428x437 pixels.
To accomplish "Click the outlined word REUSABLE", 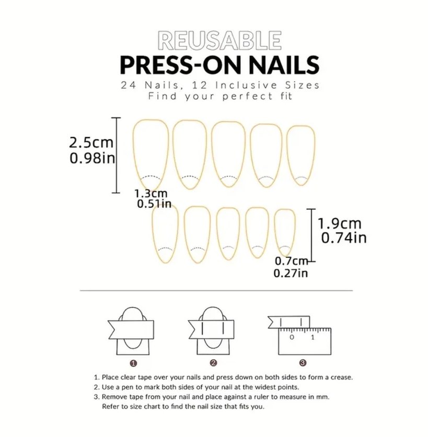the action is [x=219, y=41].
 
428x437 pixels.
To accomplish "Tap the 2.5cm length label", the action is [x=91, y=143].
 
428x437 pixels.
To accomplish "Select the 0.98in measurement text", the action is [x=92, y=158].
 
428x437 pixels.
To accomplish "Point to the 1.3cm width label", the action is [x=151, y=193].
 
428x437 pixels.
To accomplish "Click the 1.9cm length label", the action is [x=340, y=223].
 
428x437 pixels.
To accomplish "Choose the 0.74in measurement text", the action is [x=344, y=238].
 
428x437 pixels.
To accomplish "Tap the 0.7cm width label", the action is [x=291, y=261].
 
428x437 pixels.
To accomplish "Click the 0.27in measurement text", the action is [x=291, y=273].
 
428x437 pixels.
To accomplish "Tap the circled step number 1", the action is [x=134, y=363].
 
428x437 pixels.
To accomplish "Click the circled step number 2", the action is [x=213, y=363].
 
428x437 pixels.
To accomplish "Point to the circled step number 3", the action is [x=303, y=363].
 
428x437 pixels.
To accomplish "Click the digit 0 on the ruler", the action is [x=292, y=337].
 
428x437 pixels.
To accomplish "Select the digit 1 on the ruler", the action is [x=313, y=337].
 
